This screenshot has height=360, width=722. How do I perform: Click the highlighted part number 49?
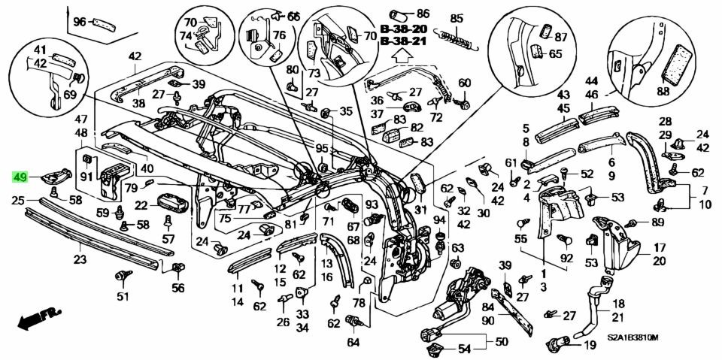20,178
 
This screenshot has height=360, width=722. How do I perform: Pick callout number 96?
80,22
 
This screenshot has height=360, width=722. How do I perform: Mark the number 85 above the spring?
457,19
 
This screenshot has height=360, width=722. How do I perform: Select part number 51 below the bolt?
122,296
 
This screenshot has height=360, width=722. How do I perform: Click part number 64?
353,342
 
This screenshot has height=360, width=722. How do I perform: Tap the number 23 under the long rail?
80,260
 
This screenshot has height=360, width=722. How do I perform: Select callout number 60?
464,83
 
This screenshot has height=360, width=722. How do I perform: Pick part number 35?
345,111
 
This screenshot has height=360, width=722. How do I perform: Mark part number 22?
141,204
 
